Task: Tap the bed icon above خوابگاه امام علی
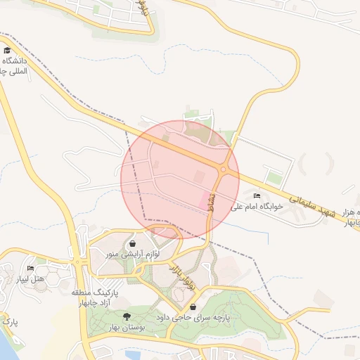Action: click(x=257, y=195)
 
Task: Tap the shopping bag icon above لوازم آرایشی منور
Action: click(x=134, y=243)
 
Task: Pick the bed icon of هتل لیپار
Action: click(x=30, y=269)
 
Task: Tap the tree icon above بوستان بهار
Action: click(x=127, y=316)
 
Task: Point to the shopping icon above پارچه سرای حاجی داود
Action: click(x=193, y=307)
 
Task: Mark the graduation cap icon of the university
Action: click(x=8, y=51)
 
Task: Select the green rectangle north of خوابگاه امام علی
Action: click(x=274, y=179)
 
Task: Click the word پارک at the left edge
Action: click(x=9, y=322)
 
